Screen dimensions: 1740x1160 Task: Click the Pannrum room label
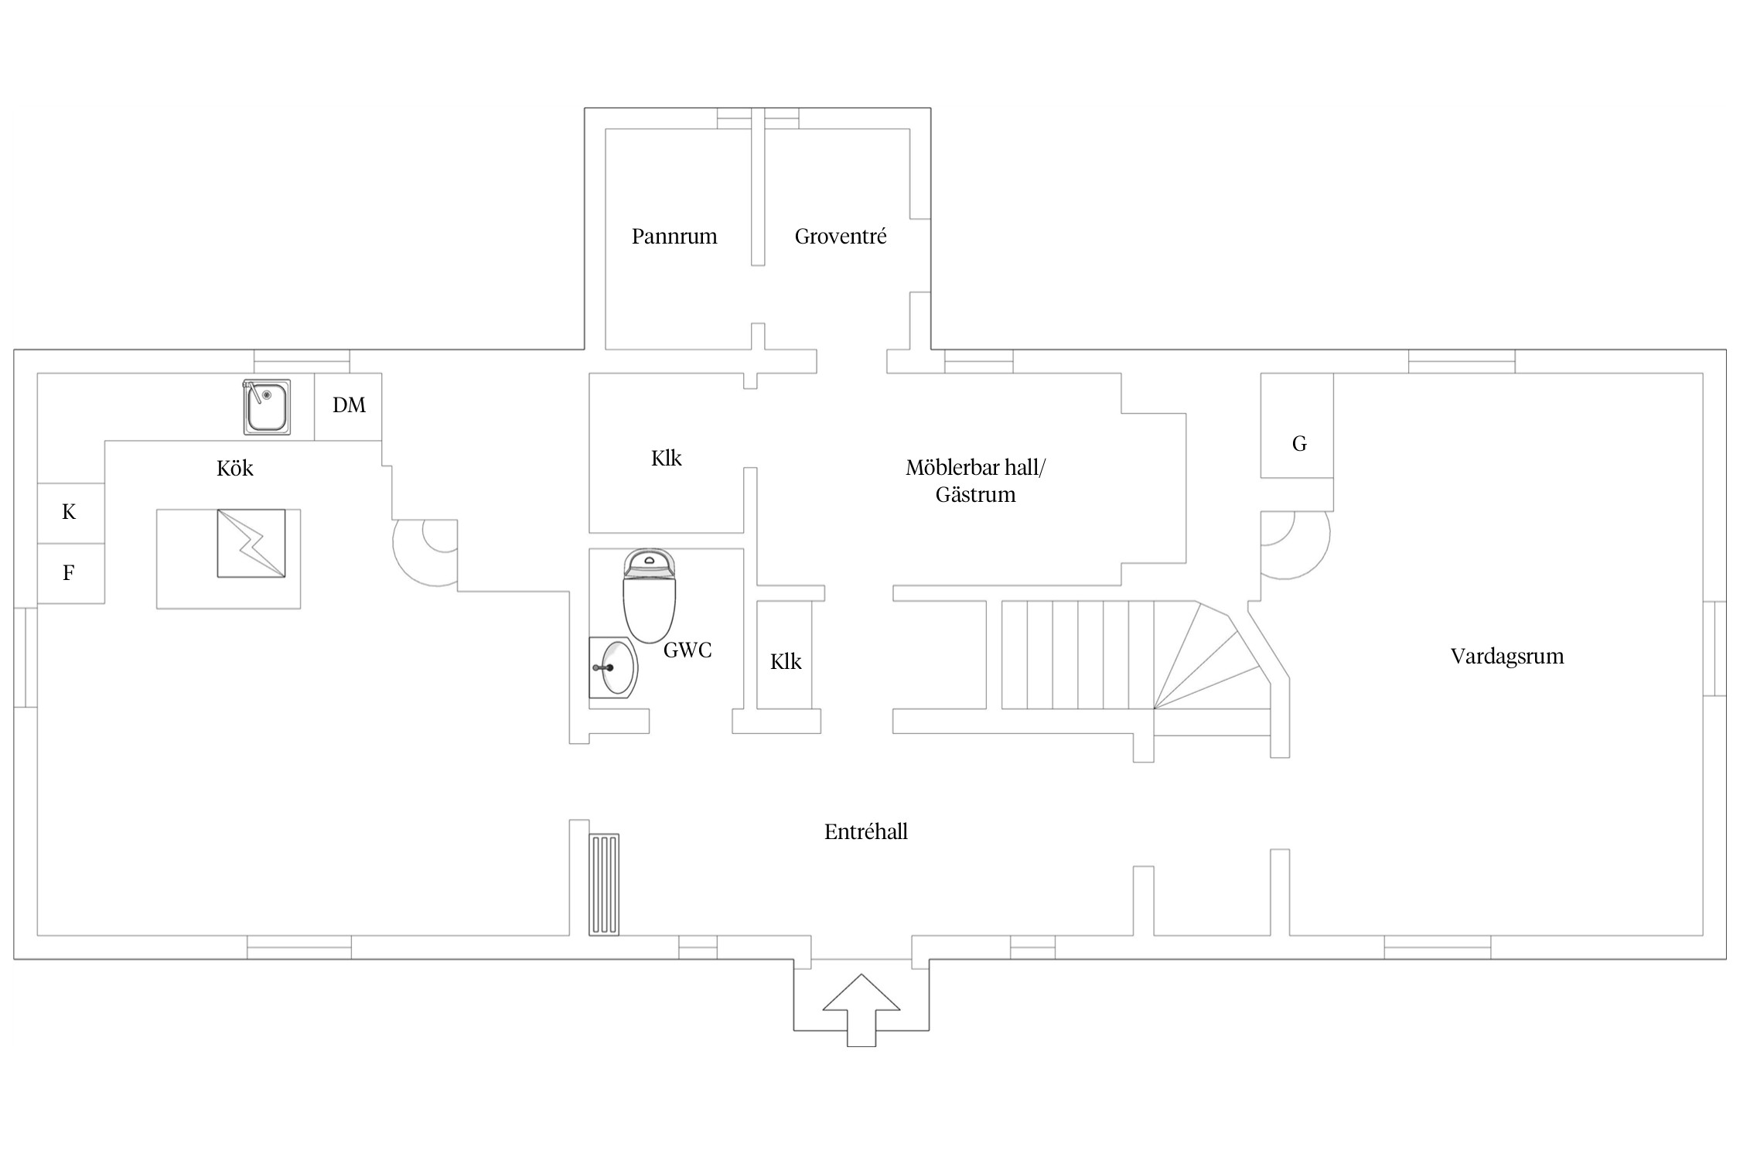click(x=674, y=237)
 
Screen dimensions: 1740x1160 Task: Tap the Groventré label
click(x=841, y=237)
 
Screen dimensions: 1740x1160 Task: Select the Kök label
click(x=235, y=469)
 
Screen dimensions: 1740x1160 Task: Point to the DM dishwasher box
click(x=348, y=407)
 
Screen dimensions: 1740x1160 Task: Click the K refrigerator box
click(x=70, y=513)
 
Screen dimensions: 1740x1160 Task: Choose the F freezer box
click(x=70, y=573)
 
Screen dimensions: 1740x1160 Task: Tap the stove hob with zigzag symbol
click(x=251, y=543)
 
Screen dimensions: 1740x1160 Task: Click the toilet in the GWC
click(x=650, y=596)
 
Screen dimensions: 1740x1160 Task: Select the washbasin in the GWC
click(x=614, y=667)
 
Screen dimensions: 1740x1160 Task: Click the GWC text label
click(x=687, y=650)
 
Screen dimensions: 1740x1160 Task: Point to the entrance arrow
click(x=861, y=1010)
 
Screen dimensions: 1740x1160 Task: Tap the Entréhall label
click(x=866, y=832)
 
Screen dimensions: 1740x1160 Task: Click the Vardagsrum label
click(x=1507, y=657)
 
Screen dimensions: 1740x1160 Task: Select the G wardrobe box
click(x=1297, y=426)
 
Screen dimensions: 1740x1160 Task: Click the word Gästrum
click(x=976, y=495)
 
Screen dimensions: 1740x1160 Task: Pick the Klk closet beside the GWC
click(x=785, y=655)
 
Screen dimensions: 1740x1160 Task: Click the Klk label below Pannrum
click(x=667, y=459)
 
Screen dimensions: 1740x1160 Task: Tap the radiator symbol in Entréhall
click(x=604, y=885)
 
